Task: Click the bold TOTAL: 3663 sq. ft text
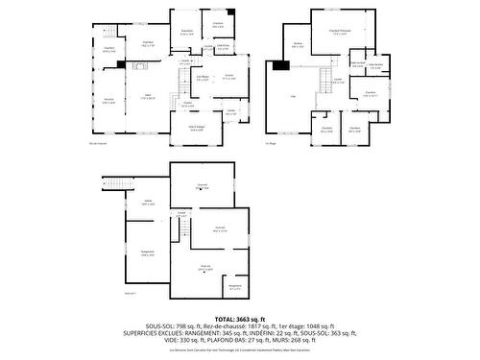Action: pyautogui.click(x=240, y=318)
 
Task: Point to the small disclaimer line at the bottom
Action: pyautogui.click(x=240, y=351)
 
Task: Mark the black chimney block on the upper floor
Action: pyautogui.click(x=279, y=65)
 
